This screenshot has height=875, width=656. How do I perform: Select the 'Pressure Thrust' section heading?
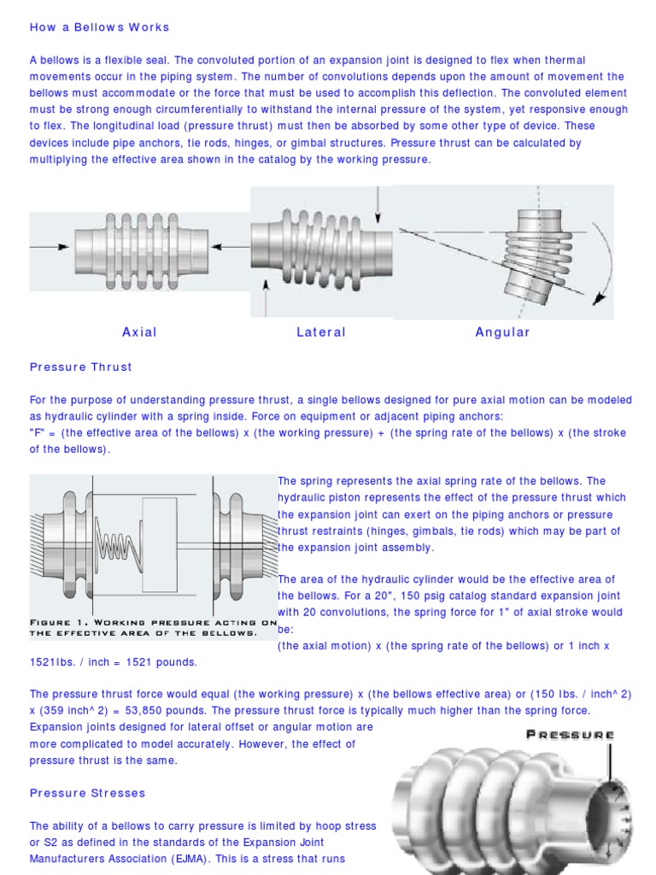(x=81, y=367)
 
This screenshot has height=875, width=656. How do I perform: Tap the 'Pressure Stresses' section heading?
(x=88, y=793)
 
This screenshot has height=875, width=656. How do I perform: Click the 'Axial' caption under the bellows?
(x=139, y=332)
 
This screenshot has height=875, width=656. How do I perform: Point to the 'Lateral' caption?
(x=321, y=332)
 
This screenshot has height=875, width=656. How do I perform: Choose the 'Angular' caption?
(x=502, y=332)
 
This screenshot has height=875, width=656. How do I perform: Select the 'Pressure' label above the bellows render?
(x=570, y=734)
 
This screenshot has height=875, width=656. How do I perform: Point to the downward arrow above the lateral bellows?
(x=377, y=203)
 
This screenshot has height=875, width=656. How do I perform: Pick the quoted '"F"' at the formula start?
(x=37, y=433)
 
